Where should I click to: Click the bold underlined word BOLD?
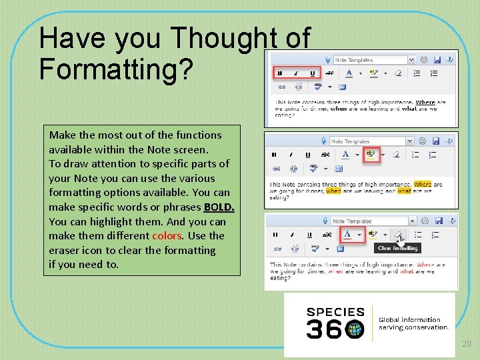[x=219, y=207]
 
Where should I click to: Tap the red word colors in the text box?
[x=167, y=236]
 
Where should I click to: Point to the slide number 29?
[x=467, y=343]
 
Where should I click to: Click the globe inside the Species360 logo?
[x=355, y=328]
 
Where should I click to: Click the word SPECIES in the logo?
[x=335, y=312]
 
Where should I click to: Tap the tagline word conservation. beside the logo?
[x=423, y=327]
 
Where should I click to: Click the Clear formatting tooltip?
[x=397, y=248]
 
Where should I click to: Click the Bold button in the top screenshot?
[x=279, y=73]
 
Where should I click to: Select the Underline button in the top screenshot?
[x=311, y=73]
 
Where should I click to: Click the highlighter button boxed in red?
[x=371, y=155]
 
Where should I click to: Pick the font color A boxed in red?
[x=347, y=235]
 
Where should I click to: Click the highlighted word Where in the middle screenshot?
[x=423, y=185]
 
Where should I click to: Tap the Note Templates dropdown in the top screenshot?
[x=373, y=60]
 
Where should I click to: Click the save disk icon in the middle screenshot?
[x=435, y=141]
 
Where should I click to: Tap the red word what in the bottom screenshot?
[x=407, y=272]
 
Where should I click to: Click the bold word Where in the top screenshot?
[x=425, y=103]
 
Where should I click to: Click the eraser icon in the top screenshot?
[x=398, y=73]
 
